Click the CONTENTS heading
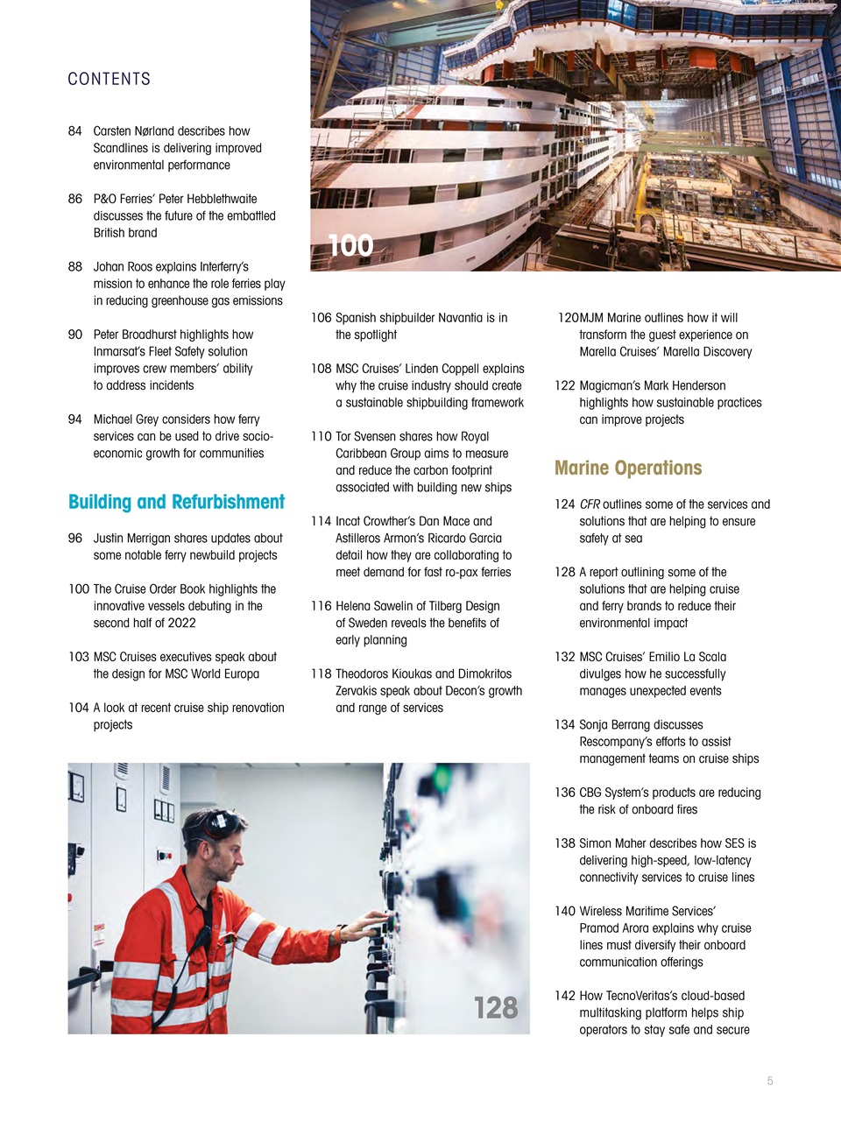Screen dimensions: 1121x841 (x=109, y=79)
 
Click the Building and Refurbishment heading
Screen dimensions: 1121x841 (x=176, y=502)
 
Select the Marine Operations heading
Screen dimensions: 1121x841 (x=628, y=468)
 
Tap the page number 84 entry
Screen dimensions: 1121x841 (x=75, y=130)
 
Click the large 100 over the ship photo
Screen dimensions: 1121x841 (x=350, y=246)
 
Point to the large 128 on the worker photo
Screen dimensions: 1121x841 (x=496, y=1008)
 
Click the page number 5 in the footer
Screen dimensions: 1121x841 (x=770, y=1081)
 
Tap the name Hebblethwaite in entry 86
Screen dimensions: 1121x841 (x=217, y=199)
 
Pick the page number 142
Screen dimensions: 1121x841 (x=565, y=996)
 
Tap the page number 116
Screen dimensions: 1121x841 (x=321, y=606)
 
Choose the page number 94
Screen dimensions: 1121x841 (x=75, y=419)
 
